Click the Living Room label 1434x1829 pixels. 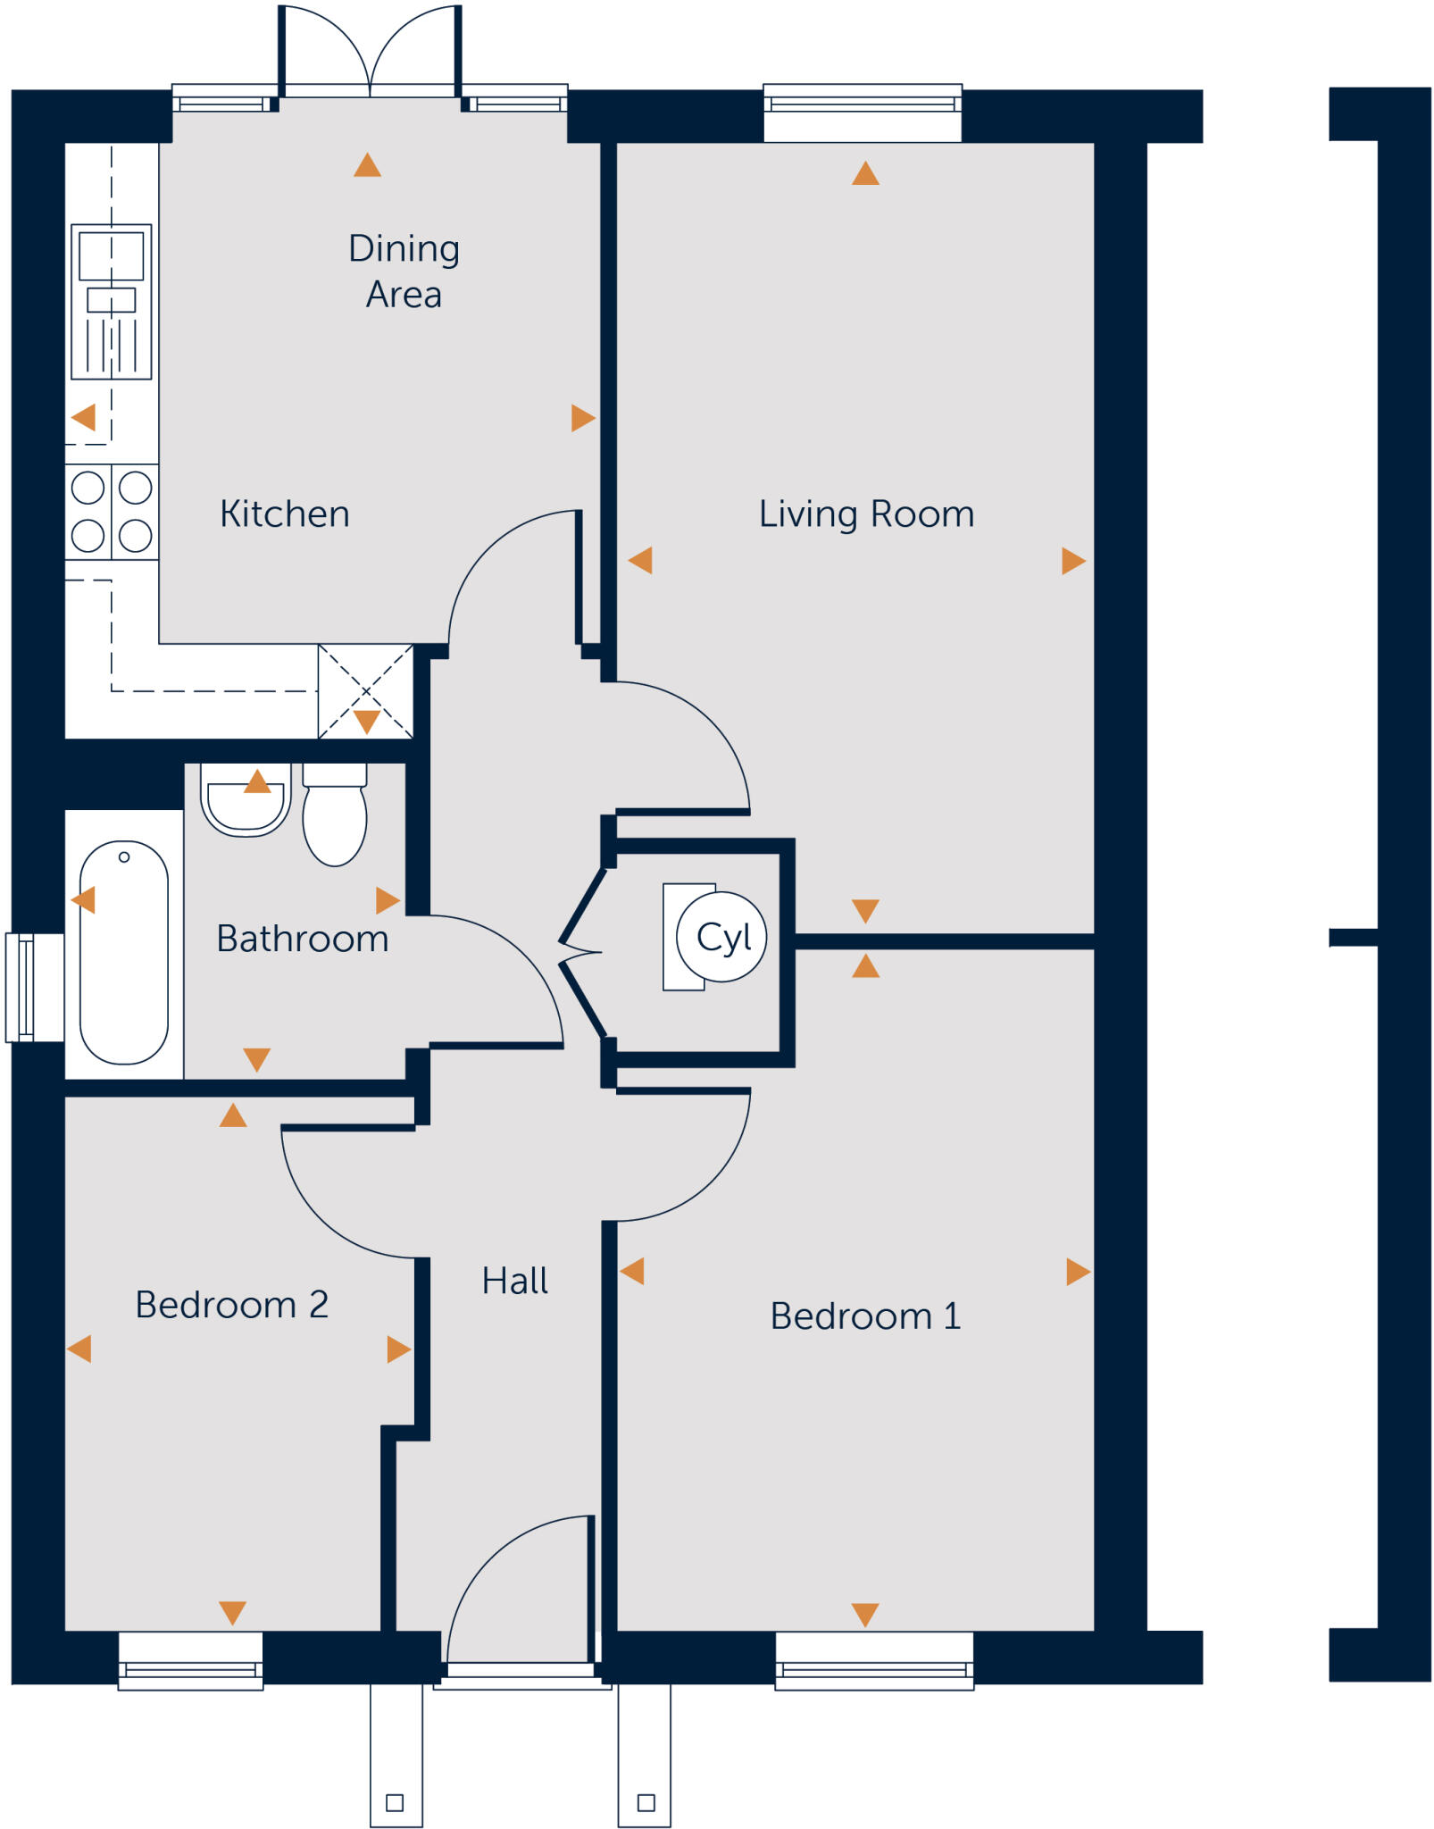click(x=866, y=514)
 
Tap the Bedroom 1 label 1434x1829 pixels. click(x=865, y=1316)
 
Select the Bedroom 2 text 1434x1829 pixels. click(x=232, y=1305)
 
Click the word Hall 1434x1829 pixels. click(x=514, y=1281)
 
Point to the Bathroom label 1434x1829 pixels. click(x=303, y=939)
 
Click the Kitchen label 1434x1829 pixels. click(x=285, y=514)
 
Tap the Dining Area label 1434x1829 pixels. click(x=404, y=271)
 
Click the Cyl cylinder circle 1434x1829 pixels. click(x=721, y=937)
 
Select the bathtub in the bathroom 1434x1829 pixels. click(x=124, y=952)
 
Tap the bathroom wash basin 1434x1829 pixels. click(x=246, y=801)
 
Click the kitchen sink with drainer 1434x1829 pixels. click(x=112, y=302)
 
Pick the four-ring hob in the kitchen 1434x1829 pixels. click(x=112, y=512)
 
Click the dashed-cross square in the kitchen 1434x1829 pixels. click(x=366, y=691)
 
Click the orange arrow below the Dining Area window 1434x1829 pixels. click(x=367, y=165)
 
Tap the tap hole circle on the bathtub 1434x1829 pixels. click(x=124, y=857)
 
